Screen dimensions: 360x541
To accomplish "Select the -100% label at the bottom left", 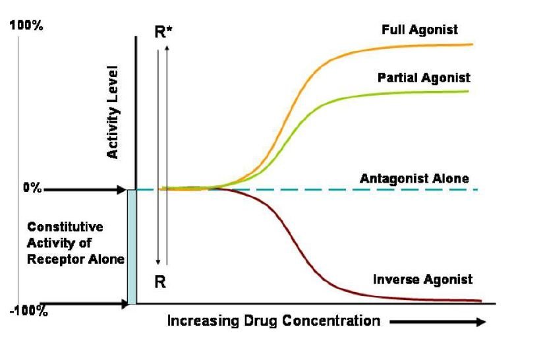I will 28,311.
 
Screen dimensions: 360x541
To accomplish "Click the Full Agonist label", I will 419,30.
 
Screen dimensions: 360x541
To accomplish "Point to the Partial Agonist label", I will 424,78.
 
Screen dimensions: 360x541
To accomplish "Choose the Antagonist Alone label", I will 414,179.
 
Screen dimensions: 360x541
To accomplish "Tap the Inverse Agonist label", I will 422,280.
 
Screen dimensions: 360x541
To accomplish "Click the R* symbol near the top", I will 163,32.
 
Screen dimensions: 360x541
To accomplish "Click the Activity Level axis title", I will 113,111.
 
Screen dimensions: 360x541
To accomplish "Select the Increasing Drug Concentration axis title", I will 273,321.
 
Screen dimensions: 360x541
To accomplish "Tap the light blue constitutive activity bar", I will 132,247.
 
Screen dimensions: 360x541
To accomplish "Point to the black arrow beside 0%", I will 85,190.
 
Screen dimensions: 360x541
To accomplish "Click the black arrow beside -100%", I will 85,304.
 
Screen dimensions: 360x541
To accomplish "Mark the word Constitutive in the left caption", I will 65,227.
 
